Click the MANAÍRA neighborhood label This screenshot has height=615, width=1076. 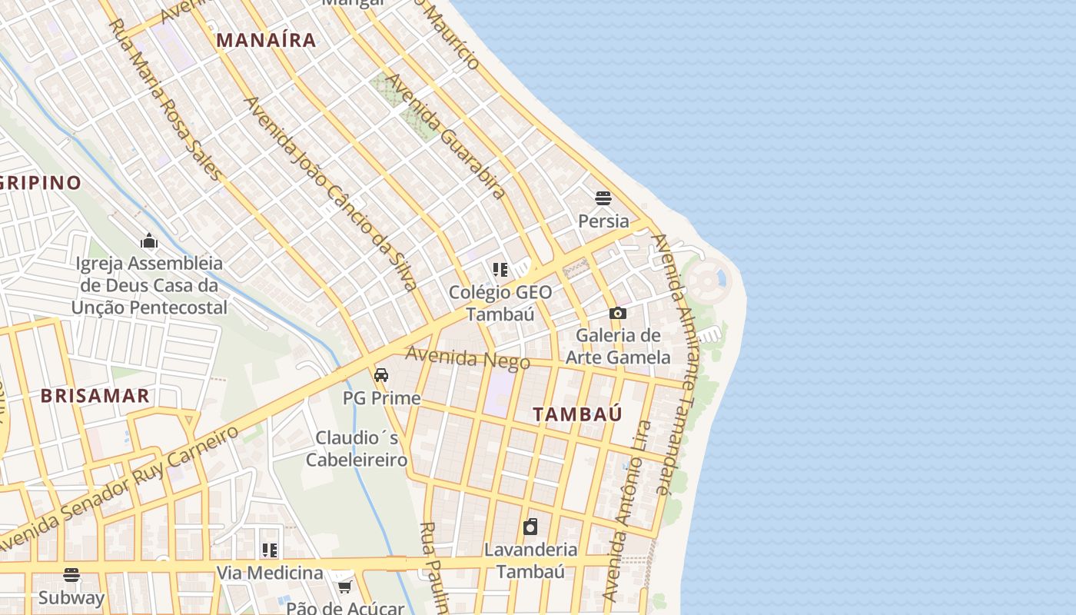click(266, 40)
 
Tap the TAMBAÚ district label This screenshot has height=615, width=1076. click(578, 414)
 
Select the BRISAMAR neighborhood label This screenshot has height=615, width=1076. click(95, 396)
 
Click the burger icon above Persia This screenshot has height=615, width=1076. click(603, 198)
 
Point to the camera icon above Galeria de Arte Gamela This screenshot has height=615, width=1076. click(617, 313)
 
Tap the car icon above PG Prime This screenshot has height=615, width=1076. click(381, 375)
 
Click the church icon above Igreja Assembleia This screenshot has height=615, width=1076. click(149, 241)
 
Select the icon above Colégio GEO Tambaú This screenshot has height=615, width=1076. click(500, 270)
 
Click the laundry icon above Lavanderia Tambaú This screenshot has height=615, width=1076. click(530, 527)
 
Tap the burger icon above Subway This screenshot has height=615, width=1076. click(71, 574)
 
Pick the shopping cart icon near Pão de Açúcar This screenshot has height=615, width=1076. click(344, 586)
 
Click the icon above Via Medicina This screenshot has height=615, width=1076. click(269, 550)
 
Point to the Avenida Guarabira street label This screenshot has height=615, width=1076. click(445, 136)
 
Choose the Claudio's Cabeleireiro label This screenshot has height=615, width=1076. click(357, 448)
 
